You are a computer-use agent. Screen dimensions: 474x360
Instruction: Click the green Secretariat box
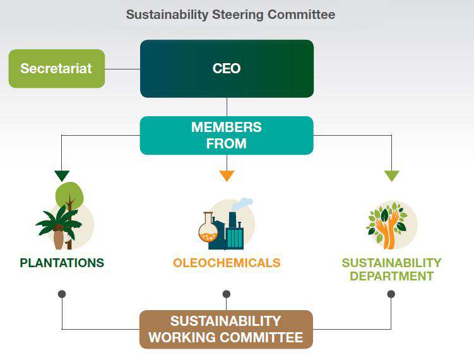click(57, 69)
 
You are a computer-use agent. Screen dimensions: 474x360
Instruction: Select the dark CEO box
click(227, 69)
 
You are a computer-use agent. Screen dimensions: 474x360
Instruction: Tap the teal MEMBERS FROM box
click(227, 136)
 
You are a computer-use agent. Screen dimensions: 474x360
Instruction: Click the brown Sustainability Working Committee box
click(226, 330)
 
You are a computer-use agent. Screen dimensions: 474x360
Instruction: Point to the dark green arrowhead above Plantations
click(62, 175)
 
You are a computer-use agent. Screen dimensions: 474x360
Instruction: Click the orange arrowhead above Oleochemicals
click(227, 176)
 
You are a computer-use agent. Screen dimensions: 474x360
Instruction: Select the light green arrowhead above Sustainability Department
click(392, 176)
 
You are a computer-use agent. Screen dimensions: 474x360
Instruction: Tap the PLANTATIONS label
click(62, 263)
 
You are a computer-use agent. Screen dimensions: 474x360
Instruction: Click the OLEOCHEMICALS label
click(227, 263)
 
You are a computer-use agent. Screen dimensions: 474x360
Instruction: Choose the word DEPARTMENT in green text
click(392, 276)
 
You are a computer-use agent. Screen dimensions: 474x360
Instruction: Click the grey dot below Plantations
click(62, 294)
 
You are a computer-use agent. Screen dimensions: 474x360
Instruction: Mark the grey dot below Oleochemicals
click(227, 294)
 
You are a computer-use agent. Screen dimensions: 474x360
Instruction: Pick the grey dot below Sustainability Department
click(391, 294)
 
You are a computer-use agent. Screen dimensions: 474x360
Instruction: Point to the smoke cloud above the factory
click(242, 204)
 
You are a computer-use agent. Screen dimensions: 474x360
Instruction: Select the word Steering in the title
click(237, 15)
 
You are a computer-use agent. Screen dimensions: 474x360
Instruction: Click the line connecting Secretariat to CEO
click(122, 69)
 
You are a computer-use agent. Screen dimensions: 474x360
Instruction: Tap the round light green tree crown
click(69, 195)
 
